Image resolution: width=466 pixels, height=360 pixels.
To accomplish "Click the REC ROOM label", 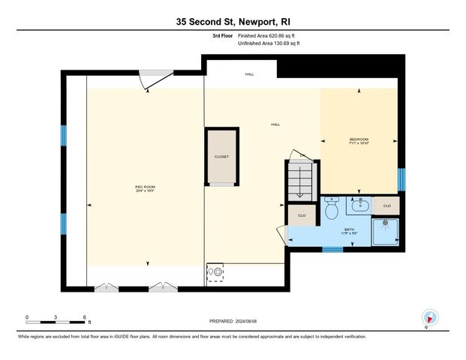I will (145, 187).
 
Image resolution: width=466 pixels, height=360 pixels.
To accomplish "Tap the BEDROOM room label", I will (359, 139).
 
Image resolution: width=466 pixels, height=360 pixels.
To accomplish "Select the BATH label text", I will (349, 229).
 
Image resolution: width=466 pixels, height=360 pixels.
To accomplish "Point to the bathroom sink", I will (359, 203).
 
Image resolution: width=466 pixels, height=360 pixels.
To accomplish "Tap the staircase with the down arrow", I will (302, 181).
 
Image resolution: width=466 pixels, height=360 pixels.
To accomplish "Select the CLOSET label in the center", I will (221, 157).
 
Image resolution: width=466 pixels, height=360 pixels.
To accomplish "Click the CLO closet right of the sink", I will (387, 205).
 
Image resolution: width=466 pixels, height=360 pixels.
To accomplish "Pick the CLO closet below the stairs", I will (301, 216).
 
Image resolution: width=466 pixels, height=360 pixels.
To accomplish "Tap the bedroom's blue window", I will (401, 179).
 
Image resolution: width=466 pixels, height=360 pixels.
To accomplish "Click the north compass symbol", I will (429, 318).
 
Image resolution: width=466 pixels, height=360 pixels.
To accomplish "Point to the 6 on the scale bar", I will (85, 316).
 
